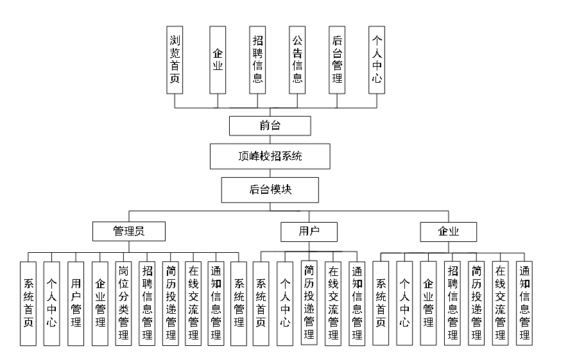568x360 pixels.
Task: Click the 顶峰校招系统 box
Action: pos(270,156)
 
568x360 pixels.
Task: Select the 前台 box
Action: pos(270,126)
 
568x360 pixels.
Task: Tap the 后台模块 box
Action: pos(270,190)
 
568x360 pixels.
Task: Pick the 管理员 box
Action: pos(129,231)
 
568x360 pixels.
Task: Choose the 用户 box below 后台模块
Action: pos(309,231)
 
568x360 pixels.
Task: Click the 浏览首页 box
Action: pos(174,60)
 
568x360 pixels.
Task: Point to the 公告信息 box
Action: pos(297,60)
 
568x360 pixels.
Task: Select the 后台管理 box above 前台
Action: pos(337,60)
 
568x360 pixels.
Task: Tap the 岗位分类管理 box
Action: pos(124,303)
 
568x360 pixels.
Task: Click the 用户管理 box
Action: pos(76,303)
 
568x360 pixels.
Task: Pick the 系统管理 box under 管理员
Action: pos(239,303)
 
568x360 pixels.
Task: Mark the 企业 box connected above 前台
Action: pos(218,60)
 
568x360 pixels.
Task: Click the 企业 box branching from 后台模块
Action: pos(448,231)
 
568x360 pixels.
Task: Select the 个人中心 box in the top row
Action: pos(377,60)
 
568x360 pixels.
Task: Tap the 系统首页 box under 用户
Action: pos(261,303)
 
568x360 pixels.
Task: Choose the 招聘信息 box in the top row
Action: pos(257,60)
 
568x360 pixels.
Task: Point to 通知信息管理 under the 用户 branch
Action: pos(357,303)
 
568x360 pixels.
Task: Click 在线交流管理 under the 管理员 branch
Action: pos(193,303)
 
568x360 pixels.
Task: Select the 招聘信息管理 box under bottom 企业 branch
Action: pos(452,303)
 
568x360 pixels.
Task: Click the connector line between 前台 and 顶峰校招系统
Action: pos(270,140)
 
